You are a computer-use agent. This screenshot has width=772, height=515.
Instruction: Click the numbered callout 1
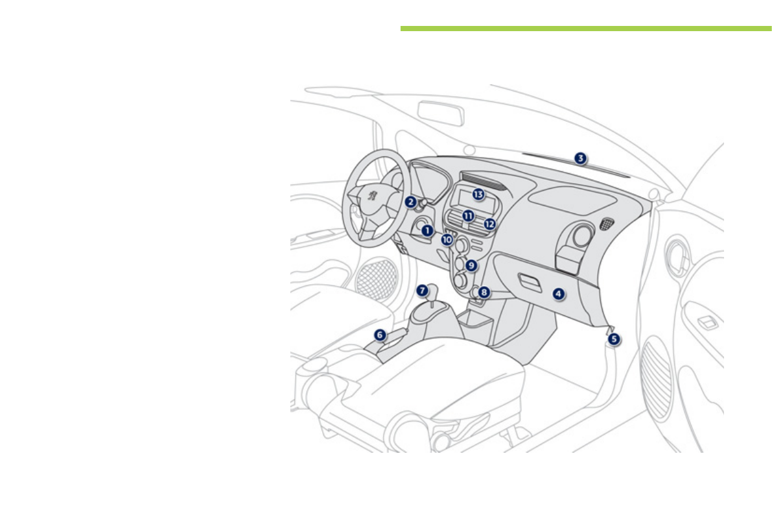[x=427, y=230]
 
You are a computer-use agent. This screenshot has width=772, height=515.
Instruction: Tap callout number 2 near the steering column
[x=410, y=202]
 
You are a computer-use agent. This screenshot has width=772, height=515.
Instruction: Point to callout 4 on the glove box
[x=559, y=293]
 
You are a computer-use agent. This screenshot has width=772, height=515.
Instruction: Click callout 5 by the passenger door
[x=614, y=338]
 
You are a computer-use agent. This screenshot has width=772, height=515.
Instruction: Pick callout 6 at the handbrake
[x=380, y=335]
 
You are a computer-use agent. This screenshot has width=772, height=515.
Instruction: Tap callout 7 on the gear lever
[x=422, y=291]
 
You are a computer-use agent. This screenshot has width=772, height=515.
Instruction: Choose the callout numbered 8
[x=484, y=293]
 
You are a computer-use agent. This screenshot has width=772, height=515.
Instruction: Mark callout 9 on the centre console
[x=471, y=265]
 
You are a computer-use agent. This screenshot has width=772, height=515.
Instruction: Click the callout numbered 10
[x=447, y=239]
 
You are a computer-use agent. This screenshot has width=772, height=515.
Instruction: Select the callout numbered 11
[x=467, y=215]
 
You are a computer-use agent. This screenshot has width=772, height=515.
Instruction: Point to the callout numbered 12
[x=489, y=224]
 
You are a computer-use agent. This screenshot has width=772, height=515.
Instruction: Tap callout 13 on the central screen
[x=478, y=194]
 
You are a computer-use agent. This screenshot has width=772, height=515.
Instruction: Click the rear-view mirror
[x=440, y=113]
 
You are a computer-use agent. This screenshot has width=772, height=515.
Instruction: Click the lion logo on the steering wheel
[x=373, y=194]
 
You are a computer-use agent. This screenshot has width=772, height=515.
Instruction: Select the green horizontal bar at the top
[x=585, y=29]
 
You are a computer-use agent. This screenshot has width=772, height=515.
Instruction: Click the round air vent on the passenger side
[x=581, y=236]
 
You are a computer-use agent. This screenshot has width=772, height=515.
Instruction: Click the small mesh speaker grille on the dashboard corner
[x=607, y=224]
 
